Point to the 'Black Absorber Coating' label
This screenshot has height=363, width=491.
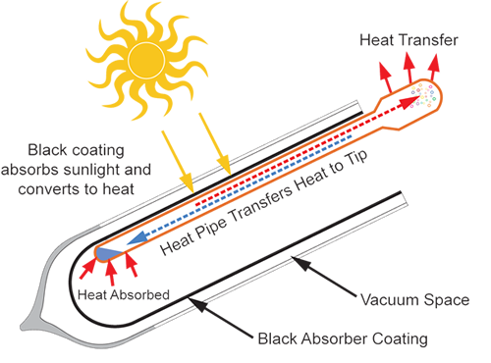(343, 339)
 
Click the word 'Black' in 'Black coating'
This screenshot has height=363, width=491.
(50, 149)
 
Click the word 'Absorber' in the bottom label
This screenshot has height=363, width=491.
(340, 339)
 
